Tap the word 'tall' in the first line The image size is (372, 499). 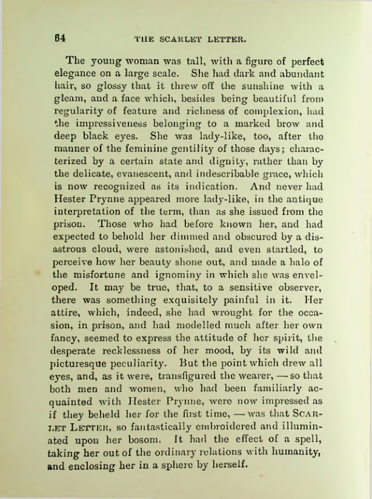tap(179, 61)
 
